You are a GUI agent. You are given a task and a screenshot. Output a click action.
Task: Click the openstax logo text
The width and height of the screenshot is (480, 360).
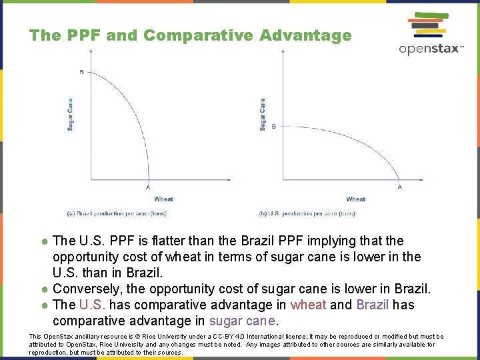430,49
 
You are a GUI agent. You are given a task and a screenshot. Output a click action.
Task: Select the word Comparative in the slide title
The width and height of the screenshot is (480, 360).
199,35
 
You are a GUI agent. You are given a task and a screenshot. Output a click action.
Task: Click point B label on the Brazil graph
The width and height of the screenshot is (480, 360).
81,71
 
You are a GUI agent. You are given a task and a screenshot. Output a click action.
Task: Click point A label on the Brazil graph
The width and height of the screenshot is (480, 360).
148,187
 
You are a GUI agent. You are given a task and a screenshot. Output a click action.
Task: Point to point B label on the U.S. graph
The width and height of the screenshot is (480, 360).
273,126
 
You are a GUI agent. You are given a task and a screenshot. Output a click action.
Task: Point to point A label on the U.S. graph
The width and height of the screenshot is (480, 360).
400,187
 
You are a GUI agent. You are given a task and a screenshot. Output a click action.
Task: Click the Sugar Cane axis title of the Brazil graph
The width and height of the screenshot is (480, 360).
70,115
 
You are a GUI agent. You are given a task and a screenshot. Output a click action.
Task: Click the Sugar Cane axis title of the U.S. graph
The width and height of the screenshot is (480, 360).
263,115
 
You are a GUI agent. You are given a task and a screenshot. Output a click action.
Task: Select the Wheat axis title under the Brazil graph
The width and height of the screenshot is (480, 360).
163,199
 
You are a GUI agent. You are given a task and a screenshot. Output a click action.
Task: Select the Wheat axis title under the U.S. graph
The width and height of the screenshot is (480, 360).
355,199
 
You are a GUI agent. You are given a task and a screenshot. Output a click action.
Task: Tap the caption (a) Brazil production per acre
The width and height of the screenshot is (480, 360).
117,213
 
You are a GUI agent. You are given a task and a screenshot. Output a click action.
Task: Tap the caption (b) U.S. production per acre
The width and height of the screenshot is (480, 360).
307,213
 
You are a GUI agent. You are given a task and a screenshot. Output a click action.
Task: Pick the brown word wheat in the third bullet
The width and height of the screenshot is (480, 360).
308,305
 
